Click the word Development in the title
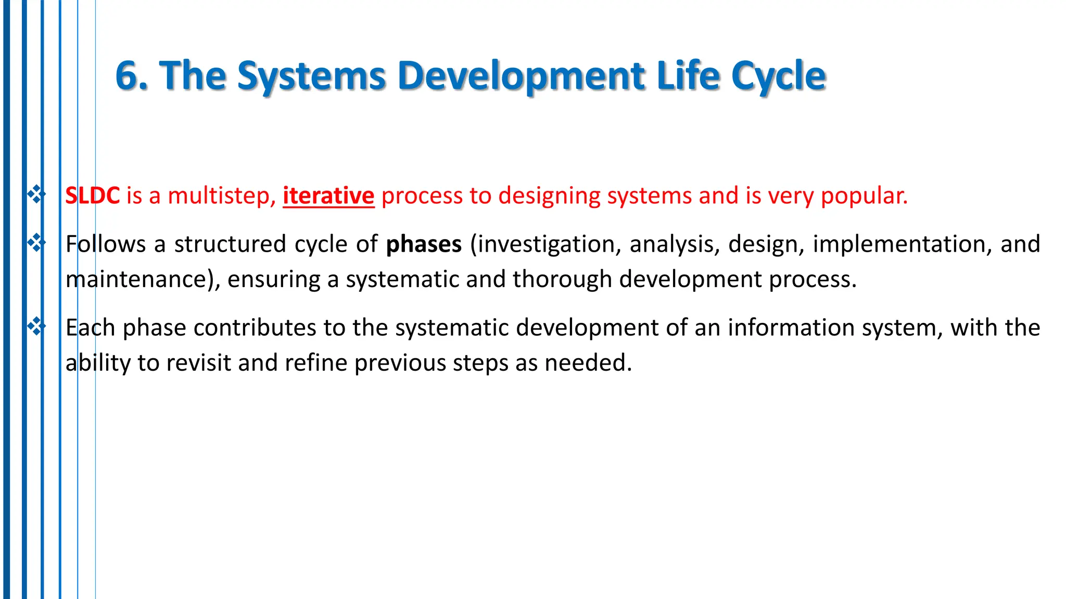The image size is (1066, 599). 521,76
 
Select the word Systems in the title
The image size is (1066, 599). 311,76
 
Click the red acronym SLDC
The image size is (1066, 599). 93,196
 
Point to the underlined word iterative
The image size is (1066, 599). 328,196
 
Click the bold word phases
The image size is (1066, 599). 424,244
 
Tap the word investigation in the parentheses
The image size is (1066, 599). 546,244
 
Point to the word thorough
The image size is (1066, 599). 562,279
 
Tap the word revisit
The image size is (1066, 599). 198,362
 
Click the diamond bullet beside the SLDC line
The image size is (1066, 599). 36,194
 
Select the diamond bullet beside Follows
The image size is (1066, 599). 36,242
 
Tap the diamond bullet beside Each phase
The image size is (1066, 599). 36,326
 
